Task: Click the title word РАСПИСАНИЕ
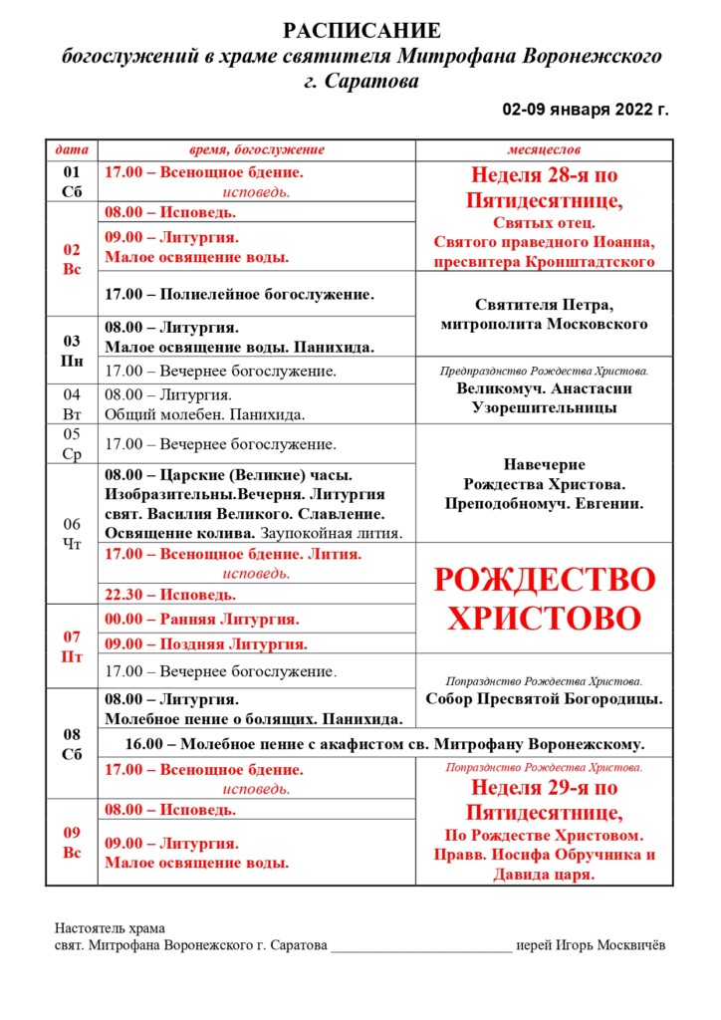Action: click(x=361, y=31)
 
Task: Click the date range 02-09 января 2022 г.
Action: click(x=585, y=109)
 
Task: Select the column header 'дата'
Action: click(x=72, y=150)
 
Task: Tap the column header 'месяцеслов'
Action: click(x=544, y=150)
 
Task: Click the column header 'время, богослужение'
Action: click(x=257, y=150)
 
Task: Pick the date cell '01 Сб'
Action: click(x=72, y=181)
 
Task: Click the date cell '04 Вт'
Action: click(x=72, y=404)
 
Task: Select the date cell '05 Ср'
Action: click(x=72, y=444)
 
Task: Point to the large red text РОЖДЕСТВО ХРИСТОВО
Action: click(x=544, y=598)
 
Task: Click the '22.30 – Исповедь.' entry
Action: click(x=170, y=595)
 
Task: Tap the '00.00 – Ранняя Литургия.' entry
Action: click(x=202, y=620)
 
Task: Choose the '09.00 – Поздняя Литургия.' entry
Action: click(x=206, y=643)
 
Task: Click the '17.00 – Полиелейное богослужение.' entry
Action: click(x=239, y=294)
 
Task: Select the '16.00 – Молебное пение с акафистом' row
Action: click(x=384, y=743)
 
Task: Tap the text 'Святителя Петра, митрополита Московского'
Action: click(x=544, y=314)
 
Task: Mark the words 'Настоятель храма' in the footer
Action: click(x=110, y=928)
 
